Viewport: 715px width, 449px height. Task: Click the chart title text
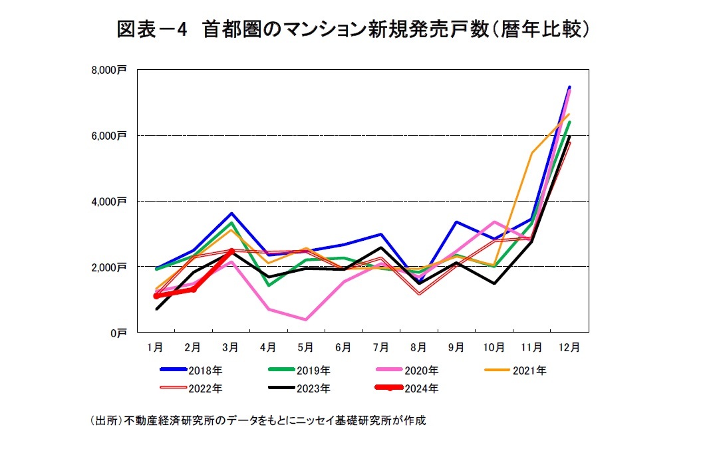[353, 29]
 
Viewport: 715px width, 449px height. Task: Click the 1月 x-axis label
[155, 347]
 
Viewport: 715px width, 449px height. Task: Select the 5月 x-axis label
[306, 347]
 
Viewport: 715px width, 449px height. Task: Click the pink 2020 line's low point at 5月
[306, 319]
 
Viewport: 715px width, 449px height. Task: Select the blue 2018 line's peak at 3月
[231, 214]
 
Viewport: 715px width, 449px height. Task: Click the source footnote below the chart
[257, 420]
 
